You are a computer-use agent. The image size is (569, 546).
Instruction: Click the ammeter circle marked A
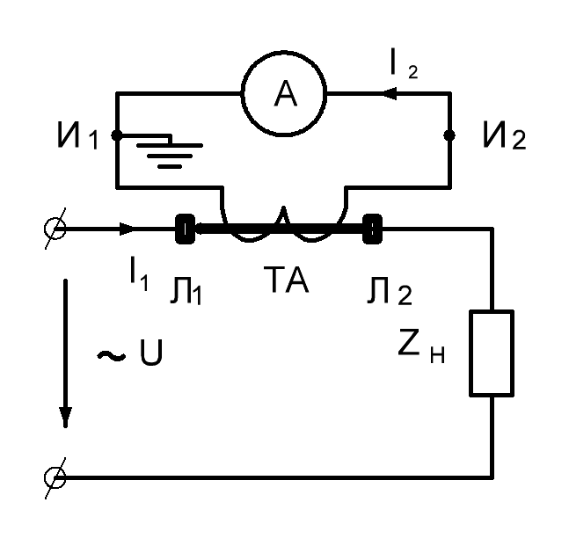284,52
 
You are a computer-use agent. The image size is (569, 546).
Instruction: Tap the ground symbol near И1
170,156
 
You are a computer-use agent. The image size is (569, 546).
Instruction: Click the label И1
77,135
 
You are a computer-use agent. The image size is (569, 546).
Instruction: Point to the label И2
505,135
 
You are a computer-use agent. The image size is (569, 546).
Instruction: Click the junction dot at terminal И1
117,135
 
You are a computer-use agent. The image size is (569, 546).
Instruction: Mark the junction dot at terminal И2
449,135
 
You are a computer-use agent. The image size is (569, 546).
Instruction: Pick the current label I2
404,65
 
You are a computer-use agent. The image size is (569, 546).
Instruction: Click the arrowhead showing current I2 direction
391,93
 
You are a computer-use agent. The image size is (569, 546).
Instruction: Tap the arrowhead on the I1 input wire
127,229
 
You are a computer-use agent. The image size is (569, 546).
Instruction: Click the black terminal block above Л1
185,229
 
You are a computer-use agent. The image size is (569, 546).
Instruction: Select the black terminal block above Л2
372,229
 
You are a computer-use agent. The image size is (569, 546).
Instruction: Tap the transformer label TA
286,280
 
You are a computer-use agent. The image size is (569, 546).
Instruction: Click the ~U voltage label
129,353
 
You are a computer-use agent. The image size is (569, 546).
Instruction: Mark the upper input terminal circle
55,229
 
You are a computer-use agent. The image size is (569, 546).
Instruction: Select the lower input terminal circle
55,477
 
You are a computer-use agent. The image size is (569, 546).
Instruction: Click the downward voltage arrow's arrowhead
66,417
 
